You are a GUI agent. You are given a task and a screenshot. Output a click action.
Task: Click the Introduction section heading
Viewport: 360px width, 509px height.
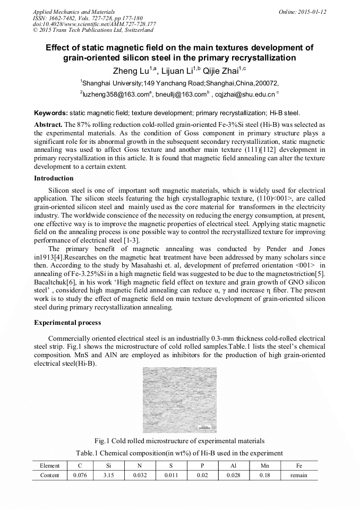point(54,178)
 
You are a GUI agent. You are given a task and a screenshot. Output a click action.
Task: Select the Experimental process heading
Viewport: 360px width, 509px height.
point(67,323)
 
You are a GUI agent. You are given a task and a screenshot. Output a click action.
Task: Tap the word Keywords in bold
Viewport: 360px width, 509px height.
point(50,113)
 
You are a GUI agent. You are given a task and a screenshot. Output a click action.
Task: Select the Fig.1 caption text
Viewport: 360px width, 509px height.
point(179,441)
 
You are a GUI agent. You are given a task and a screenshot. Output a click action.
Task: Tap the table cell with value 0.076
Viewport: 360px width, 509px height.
point(80,476)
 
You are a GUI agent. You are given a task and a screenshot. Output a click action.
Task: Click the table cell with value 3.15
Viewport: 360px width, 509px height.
point(110,476)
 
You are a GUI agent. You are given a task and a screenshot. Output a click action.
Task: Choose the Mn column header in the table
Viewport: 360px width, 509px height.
point(264,465)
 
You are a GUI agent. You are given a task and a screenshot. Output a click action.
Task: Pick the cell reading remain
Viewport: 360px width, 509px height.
point(298,476)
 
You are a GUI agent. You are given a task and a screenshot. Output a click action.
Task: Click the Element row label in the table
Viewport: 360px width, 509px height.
point(50,465)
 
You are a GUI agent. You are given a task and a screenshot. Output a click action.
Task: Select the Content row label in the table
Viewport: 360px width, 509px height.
point(50,476)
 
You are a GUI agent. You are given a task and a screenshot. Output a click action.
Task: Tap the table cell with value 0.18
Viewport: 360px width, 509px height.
point(264,476)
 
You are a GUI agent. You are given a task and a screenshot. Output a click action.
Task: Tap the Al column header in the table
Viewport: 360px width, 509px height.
point(233,465)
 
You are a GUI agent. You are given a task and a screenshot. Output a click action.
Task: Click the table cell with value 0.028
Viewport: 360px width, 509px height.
point(233,476)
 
